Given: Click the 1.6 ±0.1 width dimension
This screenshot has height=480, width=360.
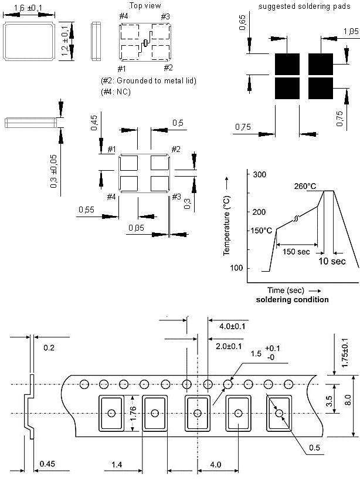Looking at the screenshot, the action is click(x=28, y=8).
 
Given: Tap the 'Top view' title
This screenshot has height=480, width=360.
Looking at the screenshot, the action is click(x=145, y=5).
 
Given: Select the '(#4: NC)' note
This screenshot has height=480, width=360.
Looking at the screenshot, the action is click(x=116, y=92).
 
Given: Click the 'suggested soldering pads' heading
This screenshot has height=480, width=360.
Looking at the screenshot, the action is click(x=304, y=6).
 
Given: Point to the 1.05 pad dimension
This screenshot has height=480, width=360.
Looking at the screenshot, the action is click(x=351, y=31).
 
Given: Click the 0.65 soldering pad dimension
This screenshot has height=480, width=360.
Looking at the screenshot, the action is click(x=242, y=22).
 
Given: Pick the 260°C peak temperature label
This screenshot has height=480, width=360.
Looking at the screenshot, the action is click(x=305, y=186).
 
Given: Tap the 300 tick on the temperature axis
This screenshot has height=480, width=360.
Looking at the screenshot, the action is click(x=259, y=174).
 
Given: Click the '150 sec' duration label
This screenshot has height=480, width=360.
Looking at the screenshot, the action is click(x=296, y=252).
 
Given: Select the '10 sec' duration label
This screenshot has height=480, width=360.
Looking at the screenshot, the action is click(x=332, y=261).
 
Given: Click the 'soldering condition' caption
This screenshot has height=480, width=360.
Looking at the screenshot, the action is click(x=292, y=300).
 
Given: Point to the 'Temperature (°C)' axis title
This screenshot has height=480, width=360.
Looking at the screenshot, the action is click(x=226, y=225).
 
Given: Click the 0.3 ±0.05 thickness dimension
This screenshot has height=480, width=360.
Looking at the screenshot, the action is click(x=54, y=171).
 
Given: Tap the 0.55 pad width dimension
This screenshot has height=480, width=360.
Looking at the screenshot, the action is click(x=87, y=209).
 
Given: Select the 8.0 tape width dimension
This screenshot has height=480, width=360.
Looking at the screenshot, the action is click(x=348, y=400).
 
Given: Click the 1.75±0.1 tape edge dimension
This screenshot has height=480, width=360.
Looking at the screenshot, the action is click(x=345, y=353).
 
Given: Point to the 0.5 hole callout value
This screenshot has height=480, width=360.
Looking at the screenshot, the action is click(x=314, y=448).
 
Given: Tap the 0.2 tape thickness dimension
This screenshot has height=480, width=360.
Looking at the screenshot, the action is click(x=49, y=348).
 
